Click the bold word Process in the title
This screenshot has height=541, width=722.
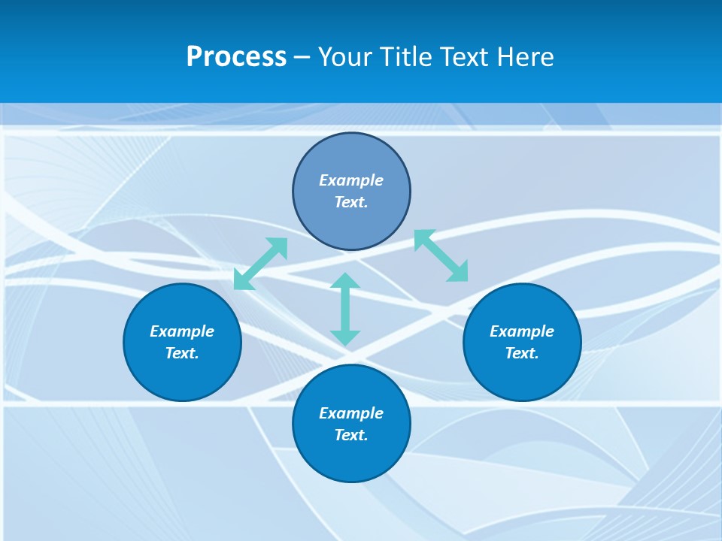click(236, 57)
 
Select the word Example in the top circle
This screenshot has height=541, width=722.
click(351, 180)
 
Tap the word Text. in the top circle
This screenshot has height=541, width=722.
click(351, 202)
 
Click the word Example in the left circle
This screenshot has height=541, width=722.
click(182, 331)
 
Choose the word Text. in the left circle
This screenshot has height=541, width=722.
click(182, 353)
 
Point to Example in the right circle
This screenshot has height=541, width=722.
click(522, 331)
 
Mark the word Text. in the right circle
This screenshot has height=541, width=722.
click(522, 353)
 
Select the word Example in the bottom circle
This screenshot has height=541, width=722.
click(351, 413)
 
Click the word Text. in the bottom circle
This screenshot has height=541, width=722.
click(351, 435)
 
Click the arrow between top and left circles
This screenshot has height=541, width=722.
click(261, 264)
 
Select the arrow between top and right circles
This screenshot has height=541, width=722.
click(441, 255)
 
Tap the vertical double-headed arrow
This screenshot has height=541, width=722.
click(345, 309)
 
